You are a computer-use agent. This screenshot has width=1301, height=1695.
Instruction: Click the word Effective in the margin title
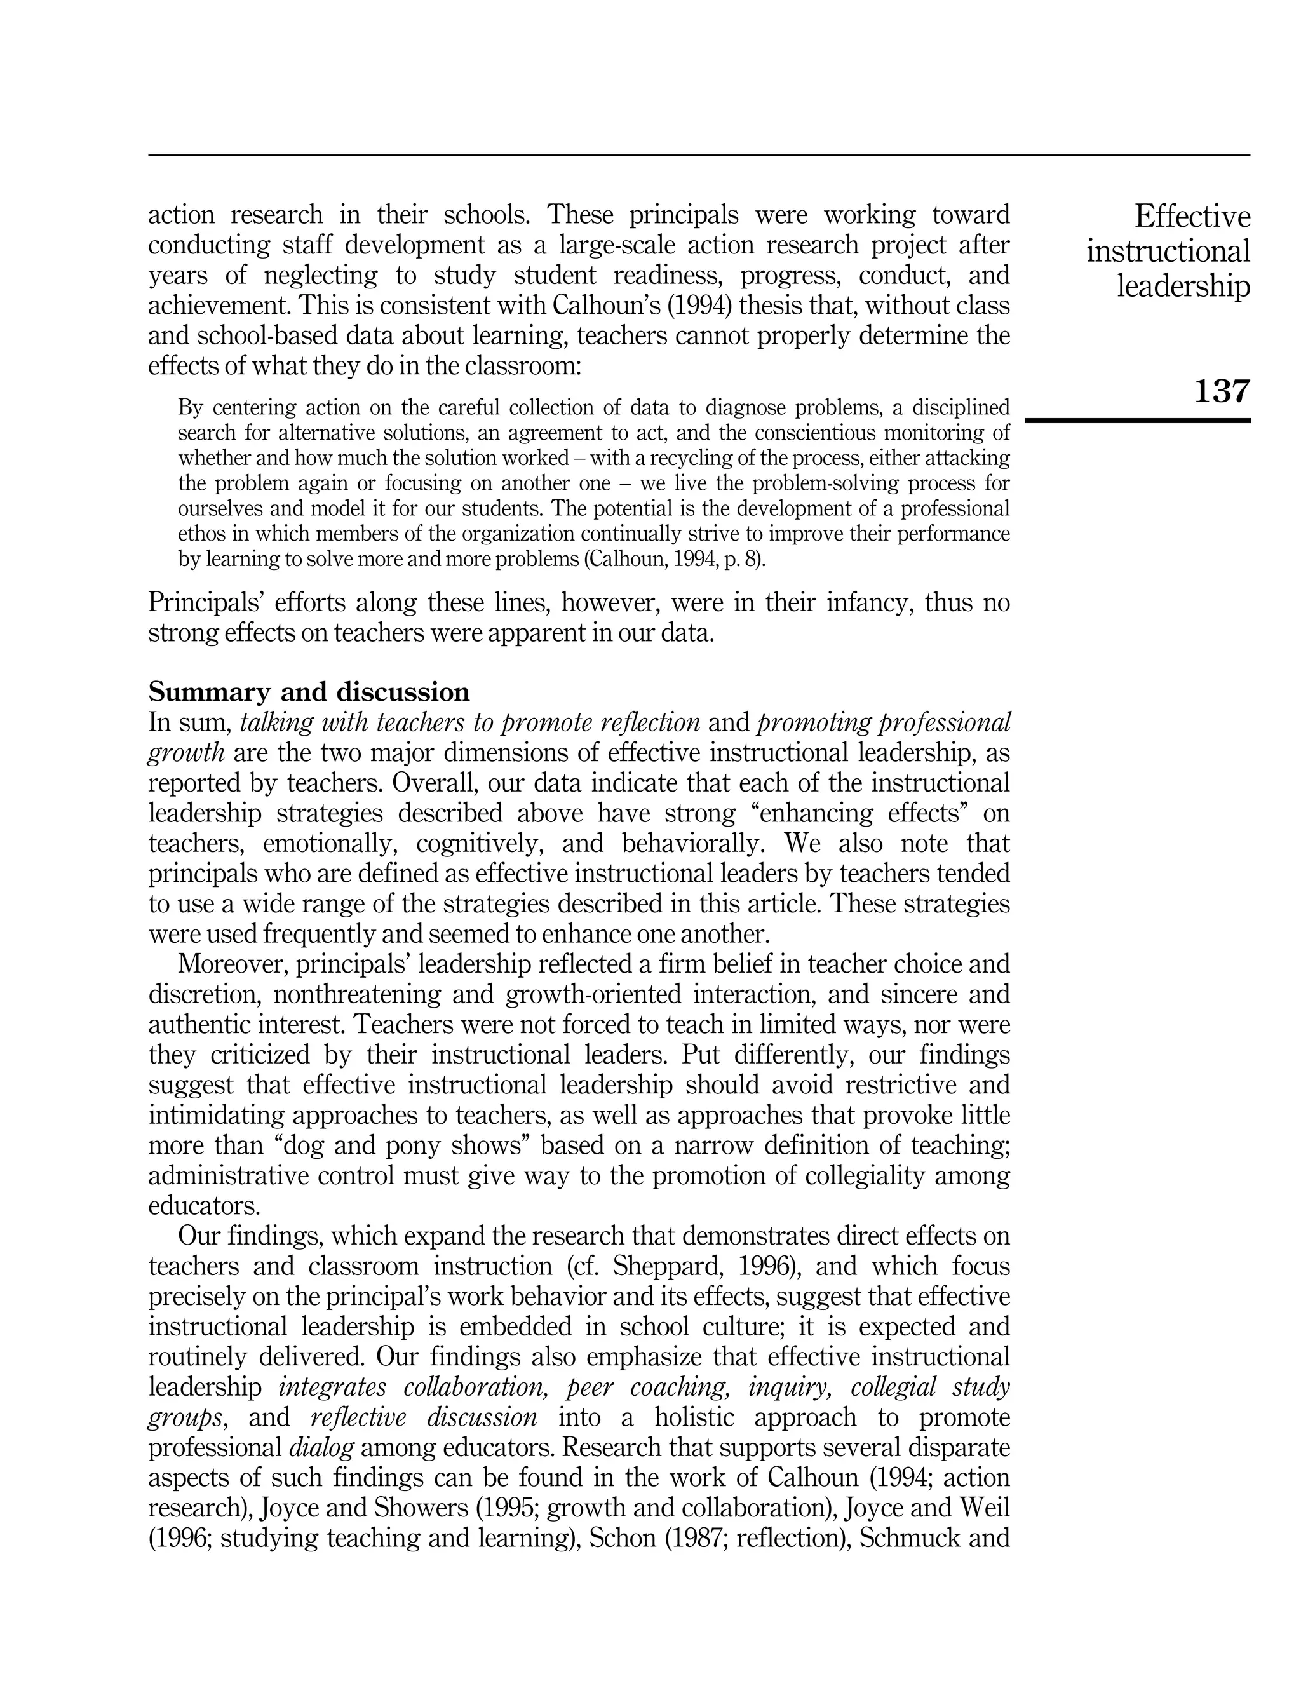[1192, 216]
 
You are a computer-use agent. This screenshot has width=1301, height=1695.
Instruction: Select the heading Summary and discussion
[308, 691]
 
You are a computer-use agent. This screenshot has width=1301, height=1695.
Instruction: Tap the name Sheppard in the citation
[661, 1266]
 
